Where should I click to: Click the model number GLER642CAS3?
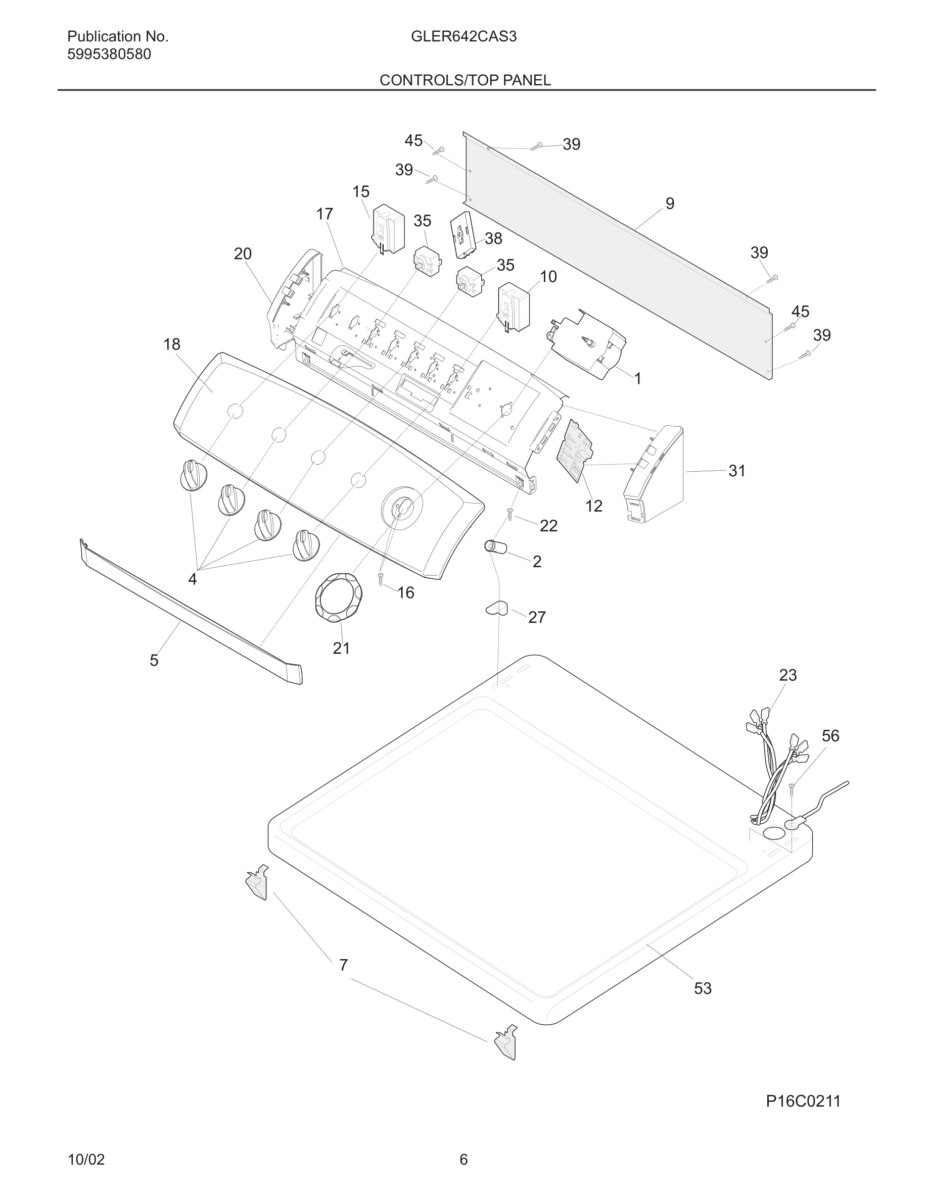tap(463, 37)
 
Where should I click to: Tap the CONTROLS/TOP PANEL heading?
tap(465, 80)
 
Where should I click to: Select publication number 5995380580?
tap(109, 55)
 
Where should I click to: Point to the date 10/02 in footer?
tap(86, 1159)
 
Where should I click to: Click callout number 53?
tap(703, 988)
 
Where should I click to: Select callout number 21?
tap(341, 648)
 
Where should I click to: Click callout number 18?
tap(171, 344)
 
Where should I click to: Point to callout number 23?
tap(787, 675)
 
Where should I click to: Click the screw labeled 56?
tap(792, 789)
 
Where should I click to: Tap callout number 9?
tap(670, 204)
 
